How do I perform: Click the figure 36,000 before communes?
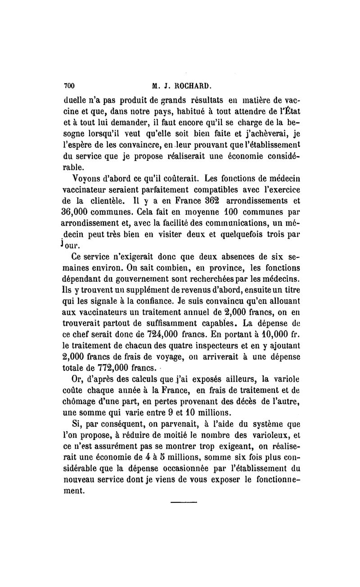(78, 211)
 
